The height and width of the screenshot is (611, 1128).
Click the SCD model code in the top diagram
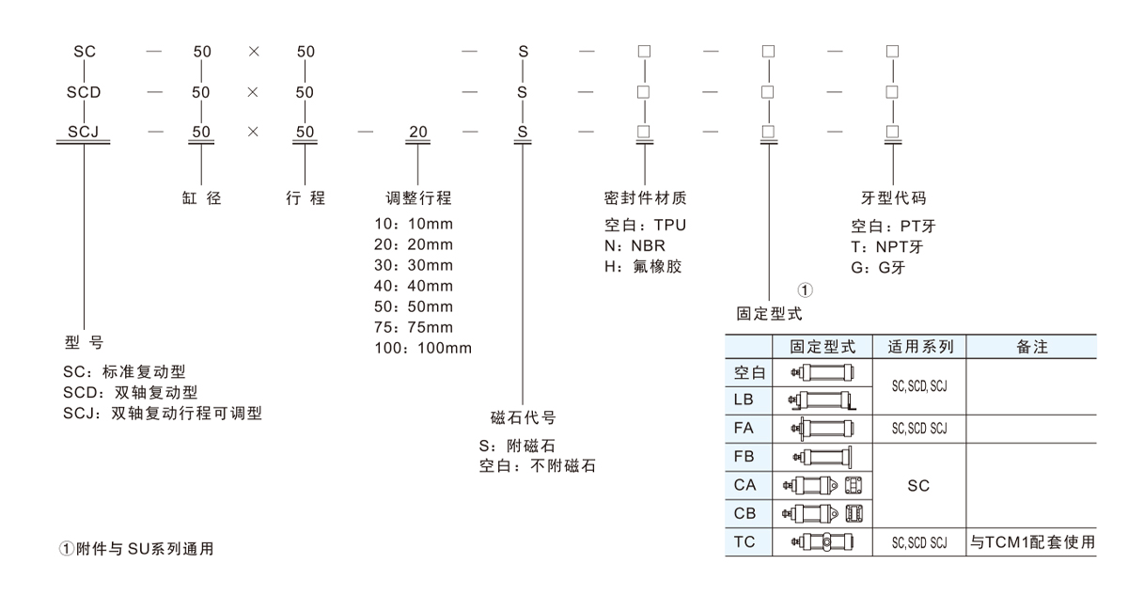[84, 92]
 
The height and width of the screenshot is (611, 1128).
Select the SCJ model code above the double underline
[84, 132]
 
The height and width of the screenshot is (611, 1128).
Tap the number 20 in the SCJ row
[418, 132]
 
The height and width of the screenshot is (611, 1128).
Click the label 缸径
[201, 198]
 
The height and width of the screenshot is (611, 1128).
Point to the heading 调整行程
[419, 198]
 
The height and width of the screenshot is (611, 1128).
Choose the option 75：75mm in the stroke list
[413, 327]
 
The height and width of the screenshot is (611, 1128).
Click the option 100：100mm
[422, 349]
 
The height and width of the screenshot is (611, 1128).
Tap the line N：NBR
[634, 245]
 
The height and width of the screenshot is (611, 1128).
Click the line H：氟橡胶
[643, 266]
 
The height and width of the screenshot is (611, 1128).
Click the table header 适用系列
[920, 347]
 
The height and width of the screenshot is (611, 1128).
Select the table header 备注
[1032, 347]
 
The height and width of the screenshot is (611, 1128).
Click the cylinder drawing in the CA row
[822, 486]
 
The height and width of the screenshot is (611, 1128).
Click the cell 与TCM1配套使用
[1032, 542]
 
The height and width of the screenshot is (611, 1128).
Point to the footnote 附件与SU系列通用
[137, 549]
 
